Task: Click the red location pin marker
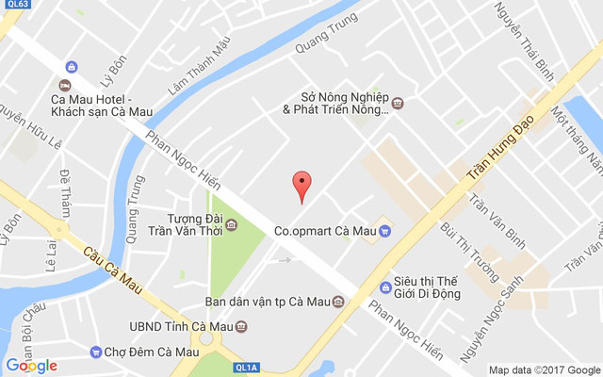pyautogui.click(x=301, y=184)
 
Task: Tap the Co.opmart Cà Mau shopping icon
pyautogui.click(x=385, y=229)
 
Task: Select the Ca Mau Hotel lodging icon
pyautogui.click(x=72, y=66)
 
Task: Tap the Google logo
pyautogui.click(x=31, y=366)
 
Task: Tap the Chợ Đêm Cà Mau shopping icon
pyautogui.click(x=95, y=352)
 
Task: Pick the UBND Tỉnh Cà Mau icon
pyautogui.click(x=242, y=327)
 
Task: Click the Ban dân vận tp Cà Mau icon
pyautogui.click(x=338, y=303)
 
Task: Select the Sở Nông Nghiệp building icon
pyautogui.click(x=399, y=103)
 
